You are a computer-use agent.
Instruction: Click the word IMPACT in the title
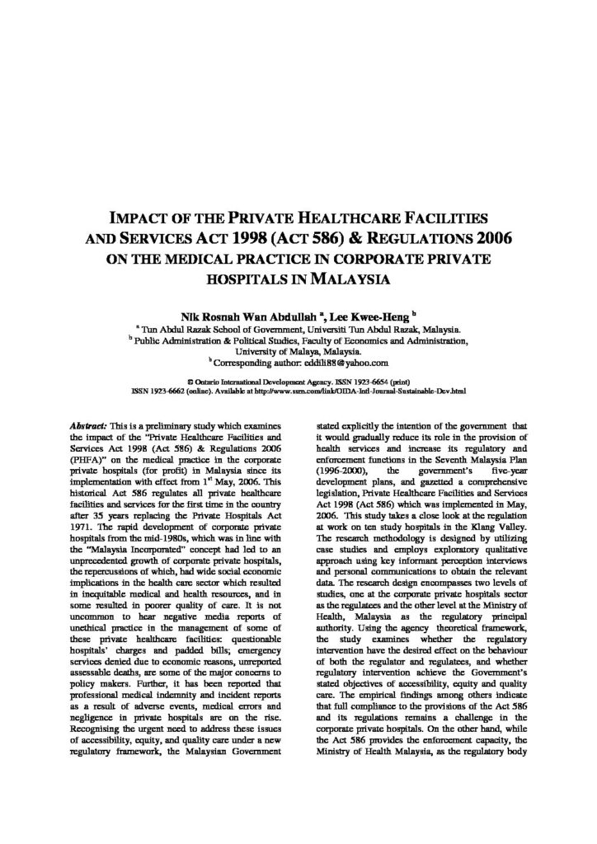[141, 220]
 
